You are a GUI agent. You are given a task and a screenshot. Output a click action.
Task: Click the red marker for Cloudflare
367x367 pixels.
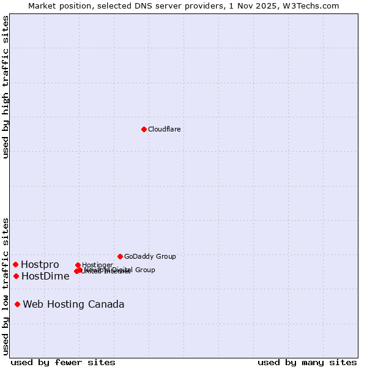click(x=144, y=129)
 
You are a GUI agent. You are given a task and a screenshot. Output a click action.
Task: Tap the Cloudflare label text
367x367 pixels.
click(x=164, y=129)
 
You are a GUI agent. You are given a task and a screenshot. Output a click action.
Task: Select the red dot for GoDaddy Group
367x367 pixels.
click(x=120, y=256)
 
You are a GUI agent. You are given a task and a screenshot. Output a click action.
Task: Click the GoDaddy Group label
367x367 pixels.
click(x=150, y=256)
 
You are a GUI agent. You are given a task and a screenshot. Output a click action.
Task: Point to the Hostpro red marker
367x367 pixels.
click(x=15, y=264)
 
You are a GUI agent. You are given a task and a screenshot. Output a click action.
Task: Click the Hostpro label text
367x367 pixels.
click(x=40, y=264)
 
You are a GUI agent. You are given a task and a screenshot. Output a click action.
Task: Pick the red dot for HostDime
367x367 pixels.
click(x=16, y=276)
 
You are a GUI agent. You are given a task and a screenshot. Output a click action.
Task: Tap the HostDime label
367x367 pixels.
click(x=45, y=276)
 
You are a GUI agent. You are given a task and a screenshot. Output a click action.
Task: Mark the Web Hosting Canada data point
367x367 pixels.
click(x=18, y=304)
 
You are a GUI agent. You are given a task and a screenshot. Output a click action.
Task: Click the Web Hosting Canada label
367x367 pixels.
click(x=73, y=304)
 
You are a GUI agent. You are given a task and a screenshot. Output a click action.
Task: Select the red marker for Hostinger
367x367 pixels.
click(x=78, y=265)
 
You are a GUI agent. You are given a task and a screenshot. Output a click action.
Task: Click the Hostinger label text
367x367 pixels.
click(x=97, y=265)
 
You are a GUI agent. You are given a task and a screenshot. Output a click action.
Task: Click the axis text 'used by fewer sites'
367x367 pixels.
click(x=63, y=362)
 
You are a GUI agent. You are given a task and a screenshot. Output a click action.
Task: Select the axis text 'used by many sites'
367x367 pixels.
click(x=306, y=362)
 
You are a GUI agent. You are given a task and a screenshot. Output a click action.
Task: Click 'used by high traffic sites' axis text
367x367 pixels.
click(x=6, y=87)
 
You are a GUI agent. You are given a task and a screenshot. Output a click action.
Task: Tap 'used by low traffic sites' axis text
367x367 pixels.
click(x=6, y=286)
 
